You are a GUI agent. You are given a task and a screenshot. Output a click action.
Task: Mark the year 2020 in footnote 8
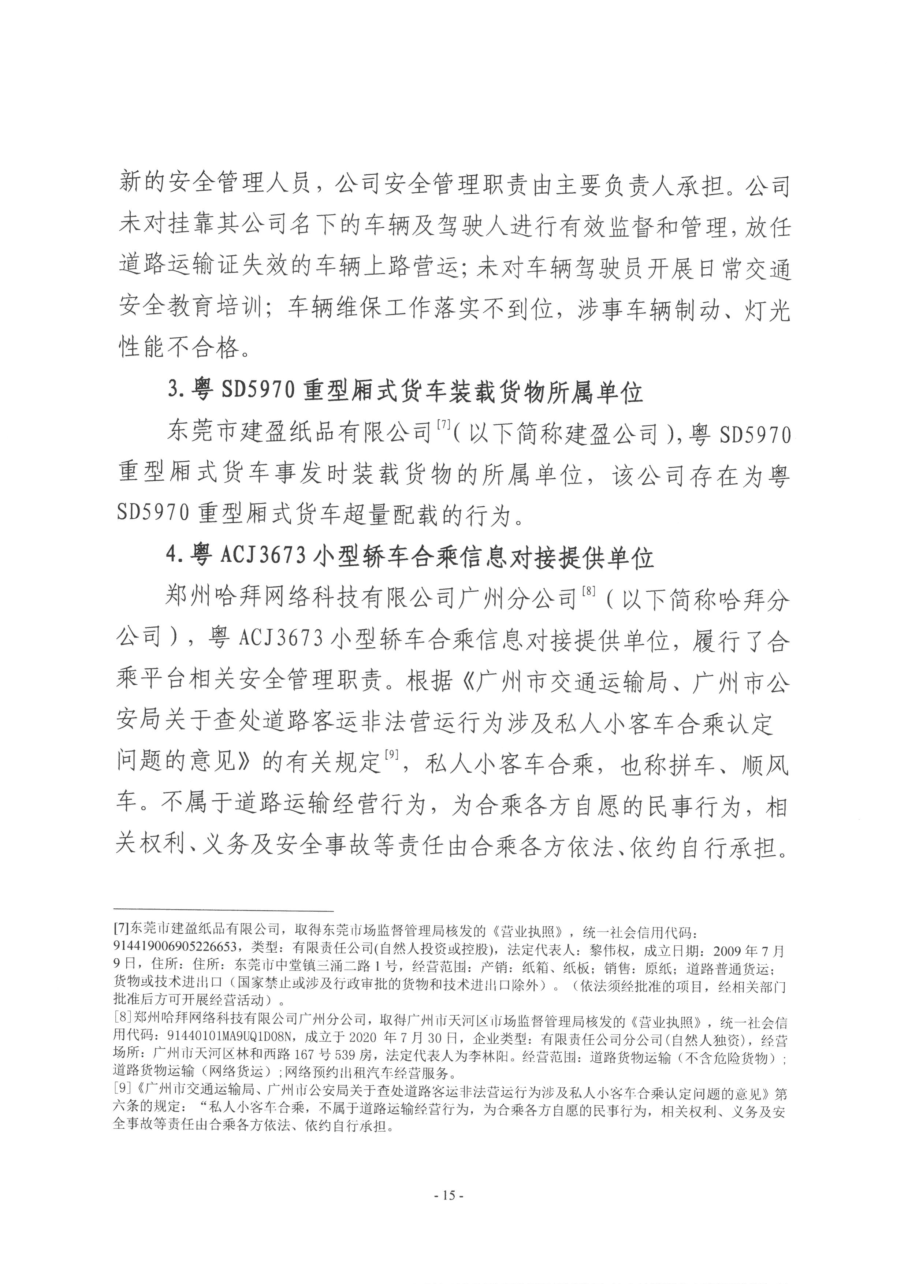point(364,1040)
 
